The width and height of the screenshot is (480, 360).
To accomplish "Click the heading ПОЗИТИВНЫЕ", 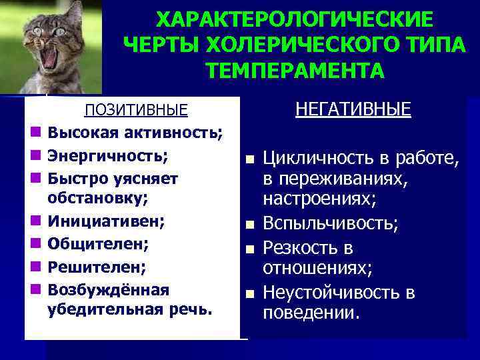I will tap(135, 110).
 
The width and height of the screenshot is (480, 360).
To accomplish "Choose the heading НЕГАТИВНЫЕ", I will tap(353, 109).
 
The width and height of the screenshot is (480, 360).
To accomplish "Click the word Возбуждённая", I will tap(109, 290).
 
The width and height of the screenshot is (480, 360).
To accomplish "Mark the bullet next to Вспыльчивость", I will tap(249, 225).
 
